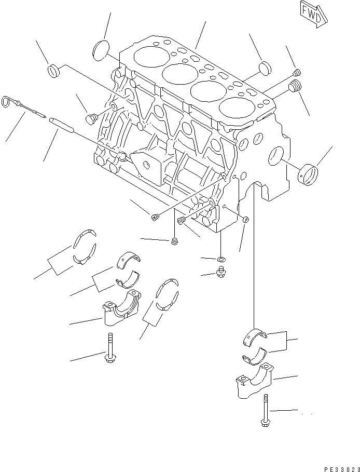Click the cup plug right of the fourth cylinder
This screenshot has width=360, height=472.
click(x=265, y=68)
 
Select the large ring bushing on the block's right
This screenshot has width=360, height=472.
click(x=310, y=173)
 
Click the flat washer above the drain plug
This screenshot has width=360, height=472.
click(x=221, y=259)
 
